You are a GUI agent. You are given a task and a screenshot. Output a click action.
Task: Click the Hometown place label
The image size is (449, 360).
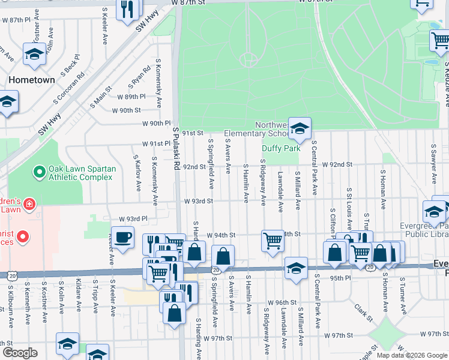(31, 80)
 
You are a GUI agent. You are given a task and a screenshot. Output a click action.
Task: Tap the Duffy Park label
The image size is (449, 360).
(280, 148)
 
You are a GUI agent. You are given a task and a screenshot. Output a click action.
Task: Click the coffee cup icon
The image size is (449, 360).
(123, 238)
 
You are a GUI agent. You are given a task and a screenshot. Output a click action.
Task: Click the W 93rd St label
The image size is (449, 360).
(199, 201)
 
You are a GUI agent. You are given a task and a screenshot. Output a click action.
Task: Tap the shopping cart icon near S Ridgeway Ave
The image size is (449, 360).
(273, 241)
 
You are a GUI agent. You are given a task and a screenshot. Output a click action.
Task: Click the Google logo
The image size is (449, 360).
(20, 353)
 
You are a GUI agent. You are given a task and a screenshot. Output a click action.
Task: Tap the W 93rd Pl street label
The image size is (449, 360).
(133, 219)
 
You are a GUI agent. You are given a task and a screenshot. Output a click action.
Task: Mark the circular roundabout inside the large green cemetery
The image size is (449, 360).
(248, 59)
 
